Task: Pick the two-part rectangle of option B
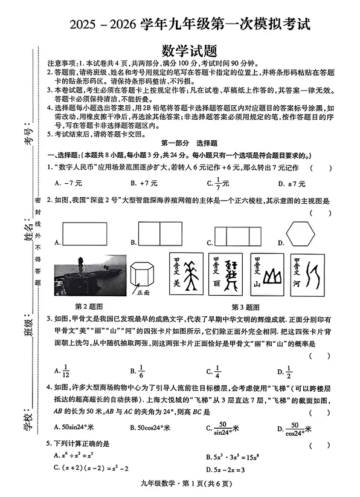point(160,233)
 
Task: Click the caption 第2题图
point(89,306)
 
